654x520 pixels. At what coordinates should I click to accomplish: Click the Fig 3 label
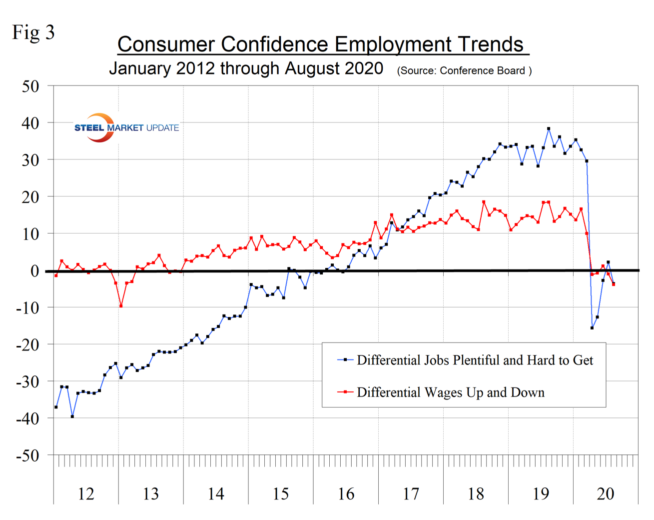pos(33,32)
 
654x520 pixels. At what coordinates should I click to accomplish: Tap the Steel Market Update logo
pos(126,127)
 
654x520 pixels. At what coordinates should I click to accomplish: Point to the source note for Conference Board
pos(464,71)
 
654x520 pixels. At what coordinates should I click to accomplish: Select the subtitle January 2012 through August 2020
pos(246,68)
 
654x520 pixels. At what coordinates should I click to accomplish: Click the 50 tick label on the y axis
pos(30,86)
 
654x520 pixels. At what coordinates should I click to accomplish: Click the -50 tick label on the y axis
pos(27,455)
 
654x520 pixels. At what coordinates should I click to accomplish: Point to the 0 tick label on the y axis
pos(34,271)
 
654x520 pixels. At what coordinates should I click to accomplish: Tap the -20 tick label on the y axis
pos(27,344)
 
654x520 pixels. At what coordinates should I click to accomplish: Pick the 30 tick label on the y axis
pos(30,160)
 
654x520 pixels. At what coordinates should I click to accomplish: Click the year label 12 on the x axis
pos(86,494)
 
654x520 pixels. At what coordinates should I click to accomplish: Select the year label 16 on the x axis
pos(346,494)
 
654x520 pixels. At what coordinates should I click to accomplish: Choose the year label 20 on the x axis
pos(606,494)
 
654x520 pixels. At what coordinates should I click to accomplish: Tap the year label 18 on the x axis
pos(476,494)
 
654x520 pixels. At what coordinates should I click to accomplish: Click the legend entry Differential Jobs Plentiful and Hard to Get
pos(475,360)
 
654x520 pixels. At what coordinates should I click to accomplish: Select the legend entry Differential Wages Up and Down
pos(450,392)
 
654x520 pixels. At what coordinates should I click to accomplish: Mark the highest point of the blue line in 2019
pos(549,128)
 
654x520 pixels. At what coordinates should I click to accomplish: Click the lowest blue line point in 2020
pos(592,328)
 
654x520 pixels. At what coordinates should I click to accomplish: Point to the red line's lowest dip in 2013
pos(121,306)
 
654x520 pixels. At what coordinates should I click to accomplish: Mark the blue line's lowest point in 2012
pos(72,416)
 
